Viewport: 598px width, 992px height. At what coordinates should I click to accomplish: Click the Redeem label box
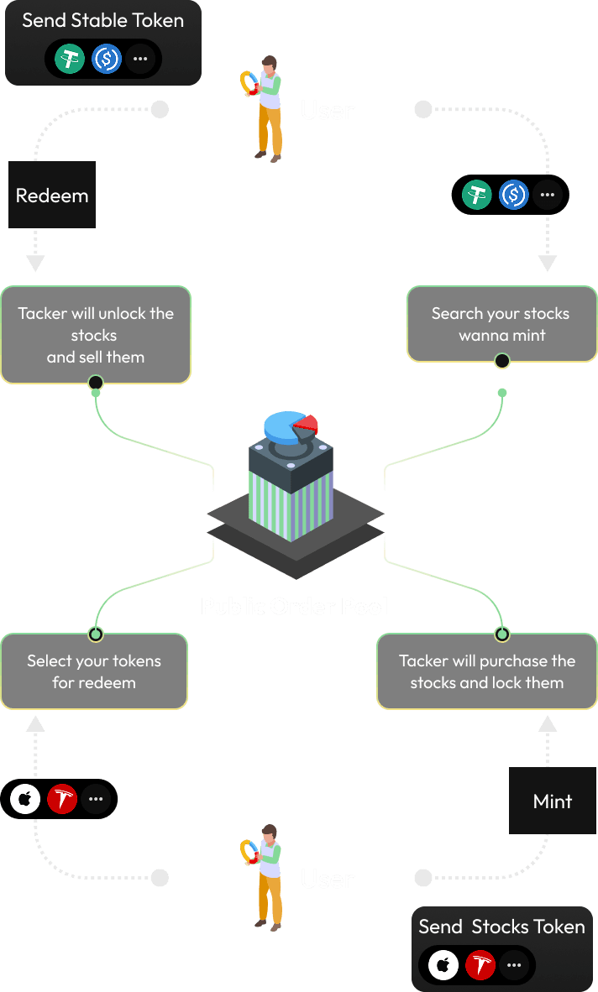[x=52, y=196]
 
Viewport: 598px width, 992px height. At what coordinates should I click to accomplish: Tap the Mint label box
[x=553, y=801]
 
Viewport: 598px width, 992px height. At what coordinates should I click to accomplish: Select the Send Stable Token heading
[x=102, y=20]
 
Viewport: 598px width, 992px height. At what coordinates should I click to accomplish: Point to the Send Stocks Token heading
[x=501, y=927]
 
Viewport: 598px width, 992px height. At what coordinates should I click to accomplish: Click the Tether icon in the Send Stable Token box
[x=70, y=59]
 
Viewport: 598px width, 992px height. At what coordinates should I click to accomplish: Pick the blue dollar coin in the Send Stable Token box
[x=107, y=59]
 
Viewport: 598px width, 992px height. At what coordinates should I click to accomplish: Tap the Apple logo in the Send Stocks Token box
[x=443, y=965]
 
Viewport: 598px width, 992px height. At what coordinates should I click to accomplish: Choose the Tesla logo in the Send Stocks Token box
[x=480, y=965]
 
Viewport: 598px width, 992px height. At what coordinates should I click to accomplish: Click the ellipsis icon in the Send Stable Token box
[x=140, y=59]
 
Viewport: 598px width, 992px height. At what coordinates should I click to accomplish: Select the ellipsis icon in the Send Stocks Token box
[x=514, y=965]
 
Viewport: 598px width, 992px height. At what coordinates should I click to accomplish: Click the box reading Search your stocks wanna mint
[x=501, y=324]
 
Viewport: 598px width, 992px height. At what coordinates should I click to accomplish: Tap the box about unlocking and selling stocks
[x=95, y=335]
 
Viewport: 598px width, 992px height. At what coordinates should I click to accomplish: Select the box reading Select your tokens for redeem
[x=94, y=671]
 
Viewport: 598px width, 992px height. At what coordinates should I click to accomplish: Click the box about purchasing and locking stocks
[x=487, y=671]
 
